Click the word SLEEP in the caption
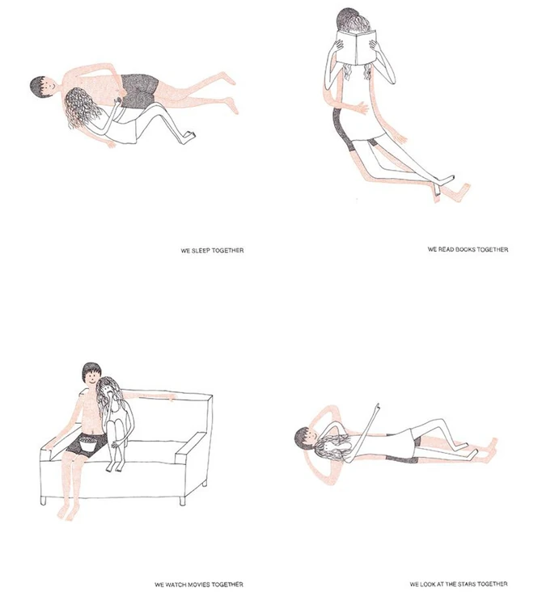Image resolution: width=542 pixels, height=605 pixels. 201,251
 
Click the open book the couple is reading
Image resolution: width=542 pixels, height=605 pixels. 356,47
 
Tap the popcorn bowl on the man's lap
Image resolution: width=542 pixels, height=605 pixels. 88,442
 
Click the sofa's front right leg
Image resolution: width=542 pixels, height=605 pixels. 182,501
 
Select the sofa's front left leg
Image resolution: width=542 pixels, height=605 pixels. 43,501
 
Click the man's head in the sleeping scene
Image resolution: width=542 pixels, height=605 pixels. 42,87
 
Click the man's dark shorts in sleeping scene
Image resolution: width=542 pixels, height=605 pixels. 138,91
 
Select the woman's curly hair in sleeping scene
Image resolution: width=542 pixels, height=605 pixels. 81,108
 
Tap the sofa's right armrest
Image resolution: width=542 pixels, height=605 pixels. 191,447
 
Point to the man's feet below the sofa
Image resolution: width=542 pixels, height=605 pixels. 66,513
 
